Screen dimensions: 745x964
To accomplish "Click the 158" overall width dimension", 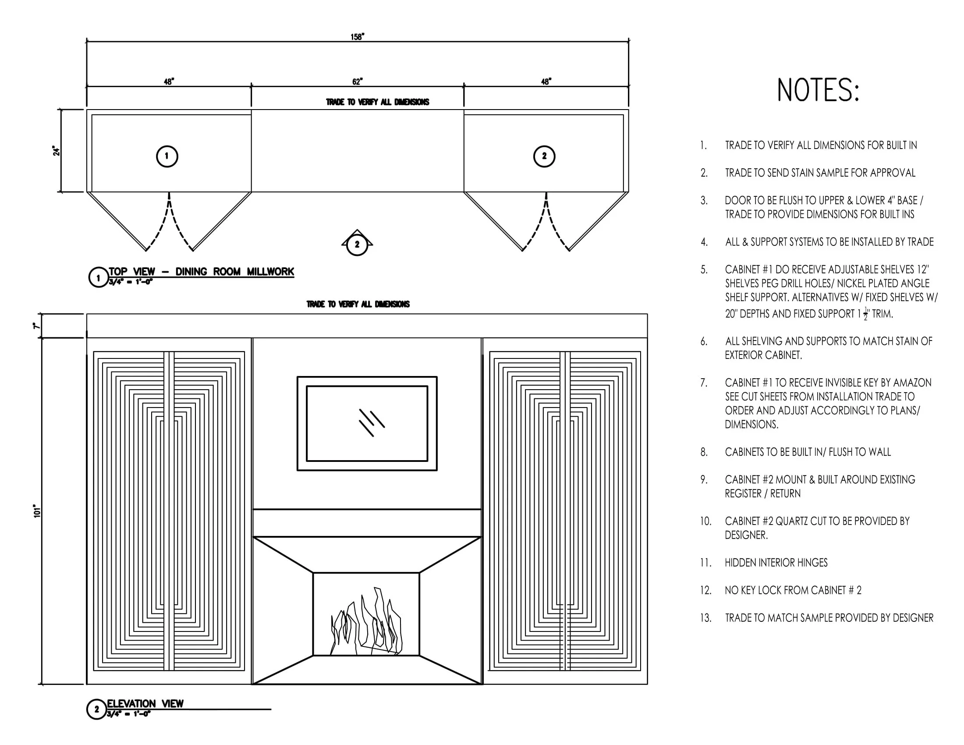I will [x=357, y=37].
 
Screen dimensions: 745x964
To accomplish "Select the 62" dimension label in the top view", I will [x=357, y=82].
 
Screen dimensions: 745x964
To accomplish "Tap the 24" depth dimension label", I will [x=57, y=150].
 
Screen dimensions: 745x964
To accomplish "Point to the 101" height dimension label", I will [x=37, y=511].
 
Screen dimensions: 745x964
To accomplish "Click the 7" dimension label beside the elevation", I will [x=37, y=326].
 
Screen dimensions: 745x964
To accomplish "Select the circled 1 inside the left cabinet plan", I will [x=167, y=156].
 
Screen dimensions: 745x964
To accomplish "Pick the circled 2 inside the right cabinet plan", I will [x=544, y=156].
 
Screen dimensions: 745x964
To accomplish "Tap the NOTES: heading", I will [x=818, y=90].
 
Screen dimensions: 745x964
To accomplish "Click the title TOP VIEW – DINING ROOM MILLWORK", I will [x=201, y=271].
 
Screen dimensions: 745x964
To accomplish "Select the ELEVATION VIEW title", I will [x=145, y=703].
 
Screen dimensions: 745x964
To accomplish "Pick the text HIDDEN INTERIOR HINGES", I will [x=776, y=563].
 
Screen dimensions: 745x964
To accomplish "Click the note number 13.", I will [x=705, y=618].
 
